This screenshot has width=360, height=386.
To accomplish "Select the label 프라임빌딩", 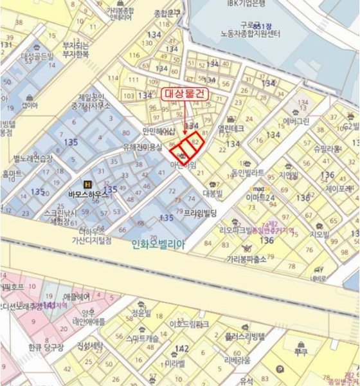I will click(201, 212).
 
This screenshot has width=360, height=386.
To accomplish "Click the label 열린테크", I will click(231, 128).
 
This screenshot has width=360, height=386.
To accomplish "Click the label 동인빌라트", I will click(248, 172).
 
